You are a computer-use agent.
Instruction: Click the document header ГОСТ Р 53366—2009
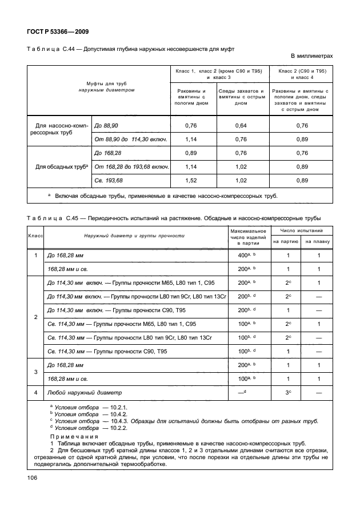coord(58,31)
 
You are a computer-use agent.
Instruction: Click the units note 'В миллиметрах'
coord(311,56)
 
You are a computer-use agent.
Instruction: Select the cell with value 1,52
coord(192,181)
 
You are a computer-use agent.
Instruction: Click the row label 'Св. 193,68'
coord(109,181)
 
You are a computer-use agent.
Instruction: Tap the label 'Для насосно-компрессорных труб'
coord(59,132)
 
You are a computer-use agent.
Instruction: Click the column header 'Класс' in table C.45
coord(36,236)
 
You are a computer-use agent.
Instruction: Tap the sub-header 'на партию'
coord(289,242)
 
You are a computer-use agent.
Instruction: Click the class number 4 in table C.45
coord(36,392)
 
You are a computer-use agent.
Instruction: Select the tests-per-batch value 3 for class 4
coord(288,392)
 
